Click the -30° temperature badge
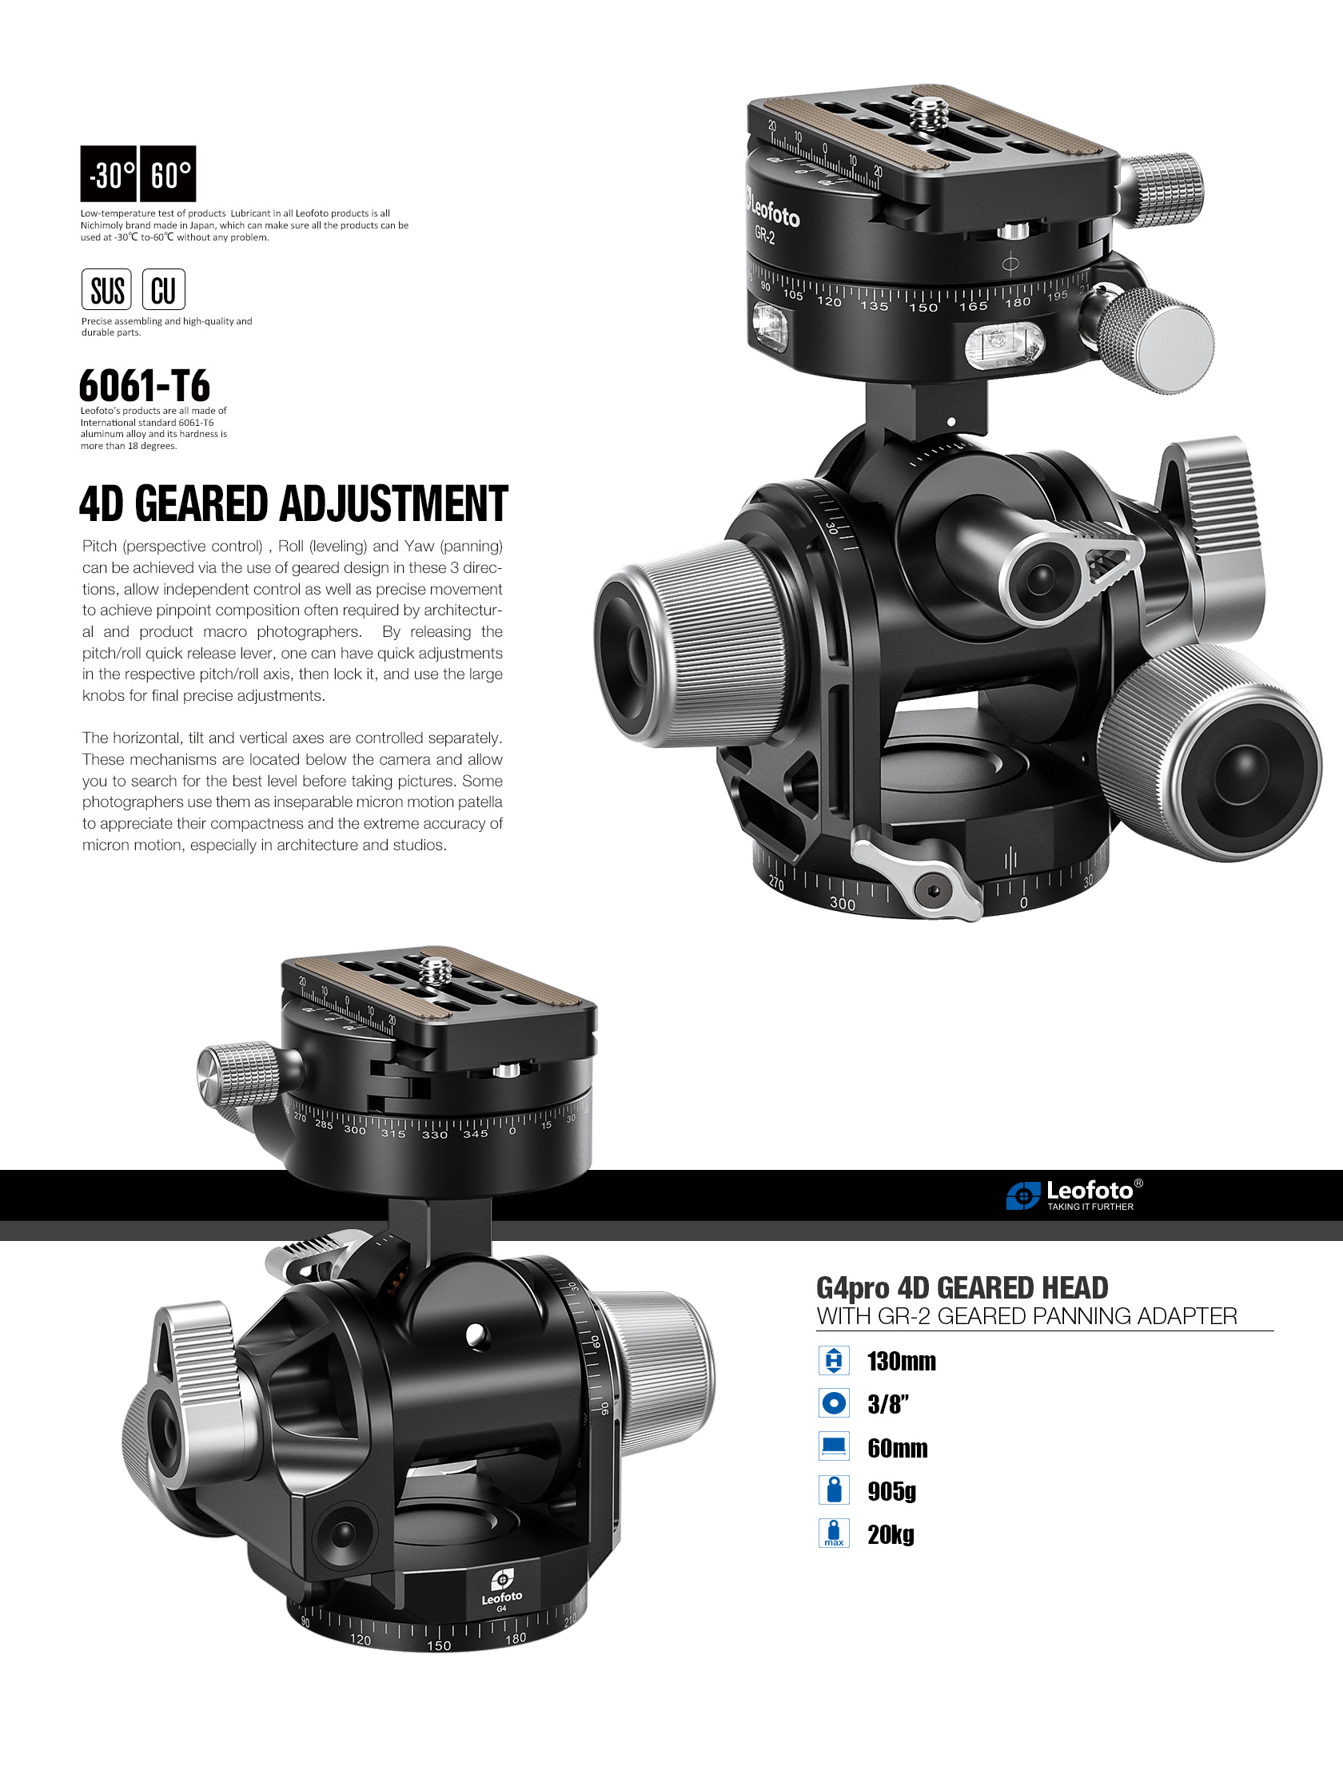pos(108,173)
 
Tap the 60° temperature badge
pos(168,173)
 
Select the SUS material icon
pos(106,290)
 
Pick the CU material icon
pos(164,290)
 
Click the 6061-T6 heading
pos(145,385)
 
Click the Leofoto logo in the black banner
pos(1075,1195)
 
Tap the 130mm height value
pos(901,1362)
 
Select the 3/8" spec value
pos(887,1405)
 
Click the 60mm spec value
pos(897,1449)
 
